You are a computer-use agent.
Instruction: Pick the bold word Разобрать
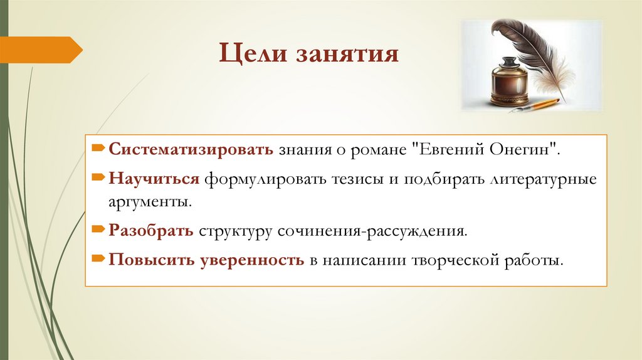(x=151, y=231)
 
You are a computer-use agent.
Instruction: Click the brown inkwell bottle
(x=508, y=82)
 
